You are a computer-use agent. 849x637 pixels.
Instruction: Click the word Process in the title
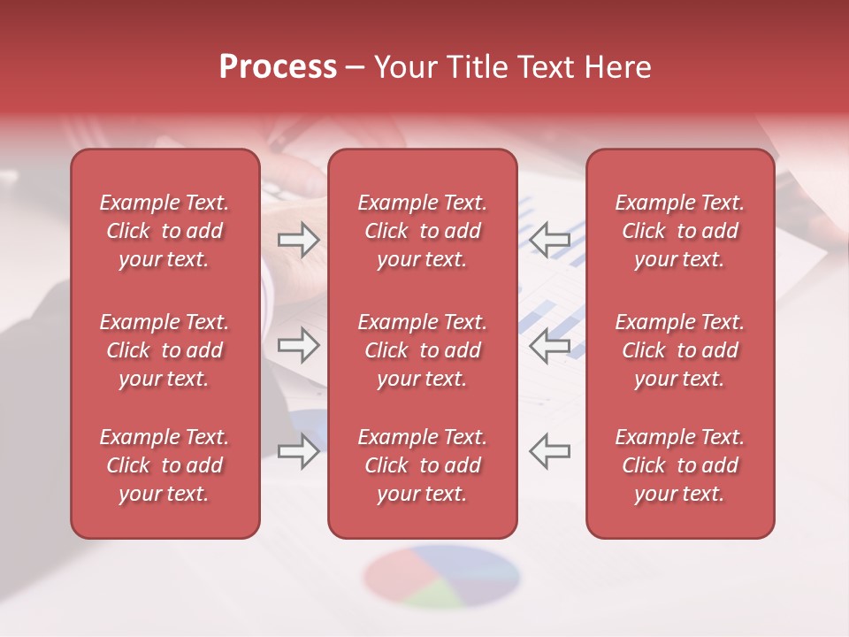278,67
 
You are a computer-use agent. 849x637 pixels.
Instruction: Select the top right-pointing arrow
298,240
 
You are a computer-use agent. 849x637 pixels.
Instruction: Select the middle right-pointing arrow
298,345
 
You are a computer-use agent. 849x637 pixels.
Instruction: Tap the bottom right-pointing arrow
298,451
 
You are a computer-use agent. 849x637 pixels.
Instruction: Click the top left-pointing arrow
550,240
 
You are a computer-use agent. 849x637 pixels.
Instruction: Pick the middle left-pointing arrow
550,345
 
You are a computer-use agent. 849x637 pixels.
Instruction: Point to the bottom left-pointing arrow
550,451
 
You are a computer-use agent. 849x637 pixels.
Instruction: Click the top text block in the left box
164,231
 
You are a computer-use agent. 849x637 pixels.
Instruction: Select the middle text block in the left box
164,350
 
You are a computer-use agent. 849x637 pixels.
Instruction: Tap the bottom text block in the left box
164,465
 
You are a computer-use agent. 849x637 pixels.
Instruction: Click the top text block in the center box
422,231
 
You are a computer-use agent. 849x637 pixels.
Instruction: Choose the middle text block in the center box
422,350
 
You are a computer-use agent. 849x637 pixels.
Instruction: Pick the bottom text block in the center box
422,465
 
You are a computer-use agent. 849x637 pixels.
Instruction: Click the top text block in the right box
679,231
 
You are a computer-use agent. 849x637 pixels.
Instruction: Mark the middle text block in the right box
679,350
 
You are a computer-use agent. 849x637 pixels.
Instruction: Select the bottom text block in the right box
679,465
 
